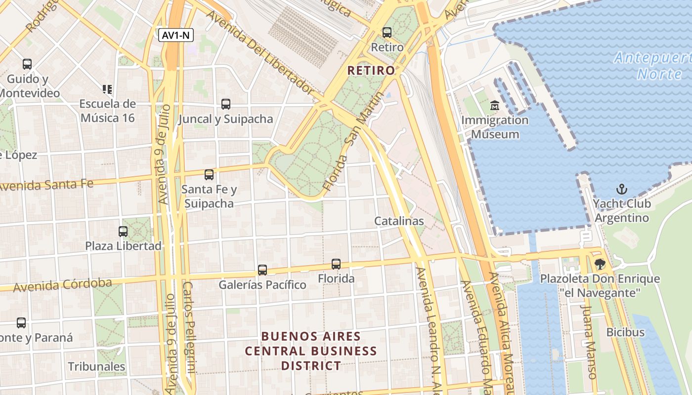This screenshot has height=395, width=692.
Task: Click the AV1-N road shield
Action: click(176, 35)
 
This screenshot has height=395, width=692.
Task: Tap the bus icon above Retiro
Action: click(387, 33)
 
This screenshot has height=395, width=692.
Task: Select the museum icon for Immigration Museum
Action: click(494, 105)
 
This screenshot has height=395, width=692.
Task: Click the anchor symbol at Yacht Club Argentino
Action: click(621, 189)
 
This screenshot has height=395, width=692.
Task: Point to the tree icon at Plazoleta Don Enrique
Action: click(600, 264)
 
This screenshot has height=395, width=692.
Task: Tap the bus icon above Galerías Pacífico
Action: click(262, 270)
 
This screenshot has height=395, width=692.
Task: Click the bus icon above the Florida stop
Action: click(336, 264)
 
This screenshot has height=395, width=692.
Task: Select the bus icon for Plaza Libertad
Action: click(123, 231)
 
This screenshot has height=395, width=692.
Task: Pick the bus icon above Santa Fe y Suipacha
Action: click(209, 174)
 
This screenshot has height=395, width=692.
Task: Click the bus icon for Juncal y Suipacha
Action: click(226, 104)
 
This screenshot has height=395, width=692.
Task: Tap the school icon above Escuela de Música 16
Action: click(107, 89)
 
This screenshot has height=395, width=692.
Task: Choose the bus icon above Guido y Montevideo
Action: click(27, 64)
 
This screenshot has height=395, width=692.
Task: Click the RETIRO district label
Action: click(371, 71)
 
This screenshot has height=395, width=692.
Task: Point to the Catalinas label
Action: click(399, 221)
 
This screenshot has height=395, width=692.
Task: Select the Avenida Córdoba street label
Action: click(62, 285)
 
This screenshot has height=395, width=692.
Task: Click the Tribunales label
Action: click(96, 366)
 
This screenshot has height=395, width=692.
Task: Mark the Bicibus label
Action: click(625, 332)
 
